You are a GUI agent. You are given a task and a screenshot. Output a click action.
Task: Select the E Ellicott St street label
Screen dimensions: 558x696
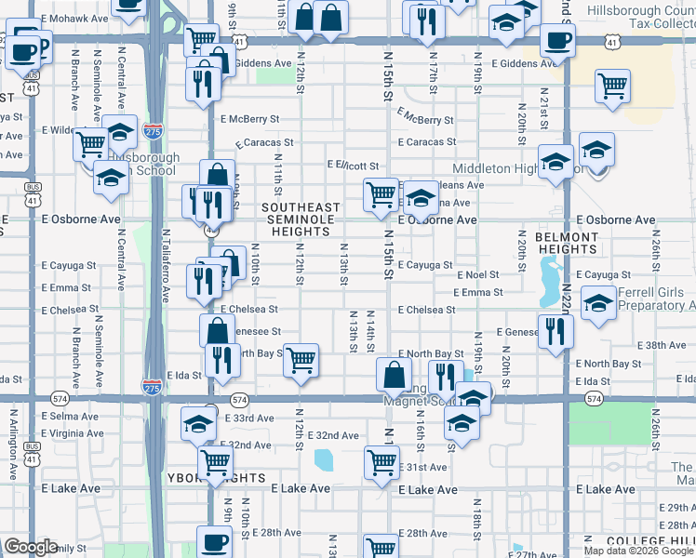(x=353, y=166)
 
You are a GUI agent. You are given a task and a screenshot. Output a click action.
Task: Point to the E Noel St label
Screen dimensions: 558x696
(x=478, y=275)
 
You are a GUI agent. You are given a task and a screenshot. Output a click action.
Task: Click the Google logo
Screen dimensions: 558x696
(x=31, y=547)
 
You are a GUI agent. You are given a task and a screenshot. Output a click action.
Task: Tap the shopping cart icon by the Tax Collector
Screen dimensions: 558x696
(x=612, y=86)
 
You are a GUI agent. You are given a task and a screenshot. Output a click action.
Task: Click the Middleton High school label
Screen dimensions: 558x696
(x=502, y=168)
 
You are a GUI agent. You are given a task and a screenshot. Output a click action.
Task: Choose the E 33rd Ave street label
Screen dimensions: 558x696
(x=250, y=418)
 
